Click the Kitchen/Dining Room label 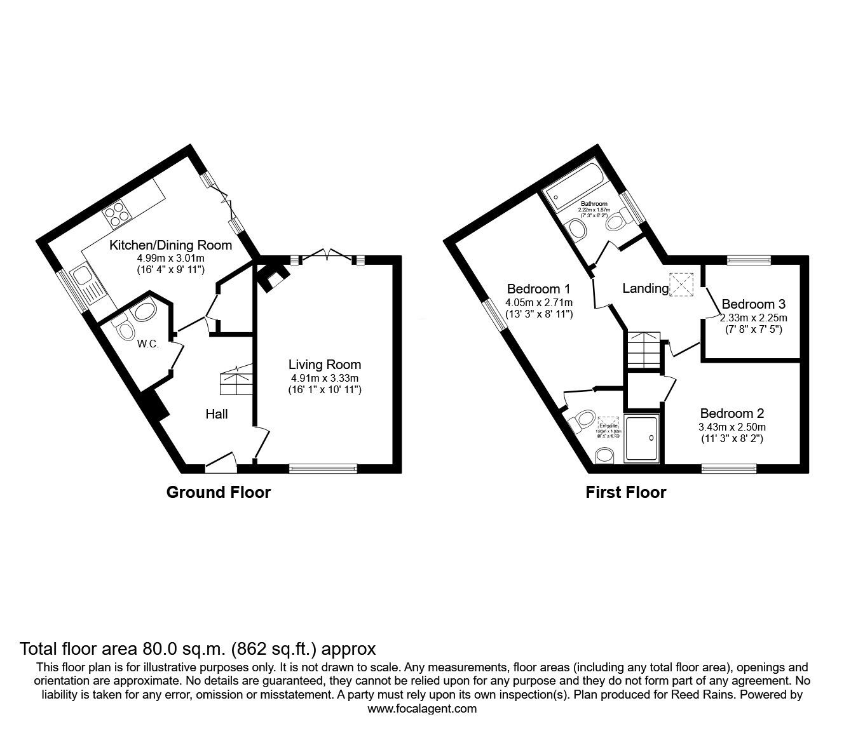pyautogui.click(x=170, y=245)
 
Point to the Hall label pyautogui.click(x=216, y=414)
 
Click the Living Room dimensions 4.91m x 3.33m pyautogui.click(x=324, y=377)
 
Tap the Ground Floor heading pyautogui.click(x=218, y=492)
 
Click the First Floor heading pyautogui.click(x=626, y=492)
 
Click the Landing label pyautogui.click(x=644, y=289)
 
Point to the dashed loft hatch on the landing pyautogui.click(x=682, y=285)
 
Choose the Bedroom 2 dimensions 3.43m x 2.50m pyautogui.click(x=733, y=427)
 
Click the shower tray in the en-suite pyautogui.click(x=643, y=438)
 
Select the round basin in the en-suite pyautogui.click(x=605, y=455)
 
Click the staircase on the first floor pyautogui.click(x=643, y=349)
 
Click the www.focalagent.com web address pyautogui.click(x=422, y=709)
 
